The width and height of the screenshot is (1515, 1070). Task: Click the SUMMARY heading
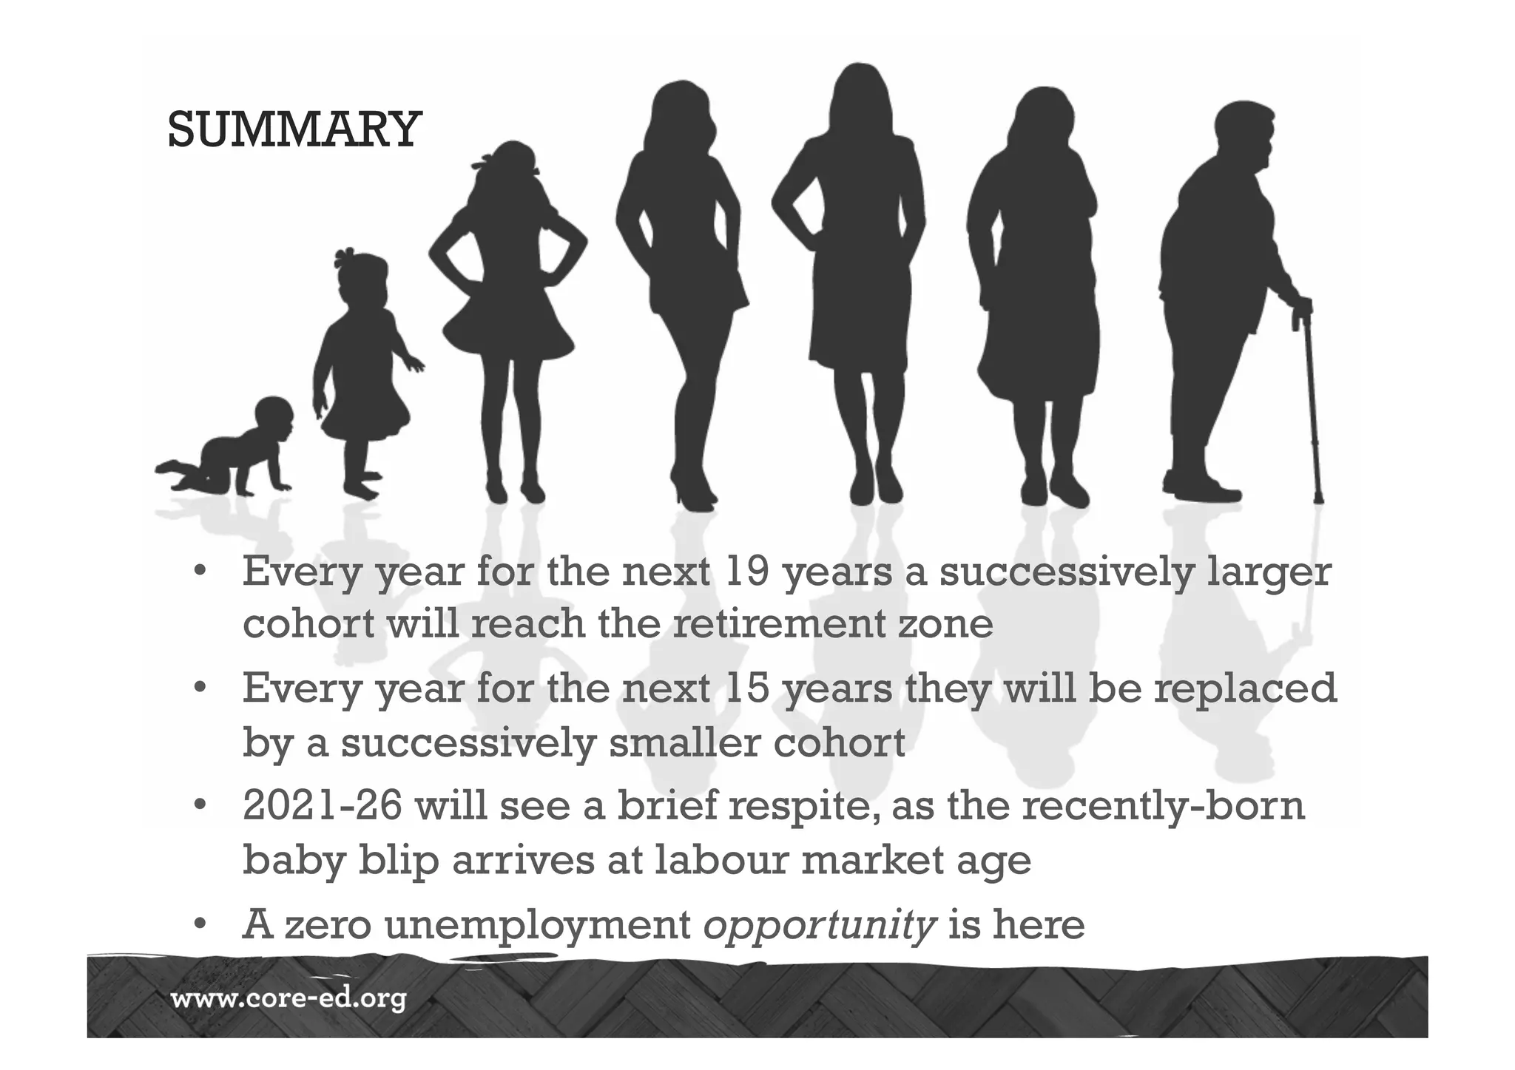click(294, 129)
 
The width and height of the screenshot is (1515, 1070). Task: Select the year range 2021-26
click(323, 805)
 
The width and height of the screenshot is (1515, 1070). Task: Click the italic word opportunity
click(820, 924)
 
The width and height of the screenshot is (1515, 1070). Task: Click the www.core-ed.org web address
click(289, 1000)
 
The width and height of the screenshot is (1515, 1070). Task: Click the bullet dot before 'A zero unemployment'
click(199, 925)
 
